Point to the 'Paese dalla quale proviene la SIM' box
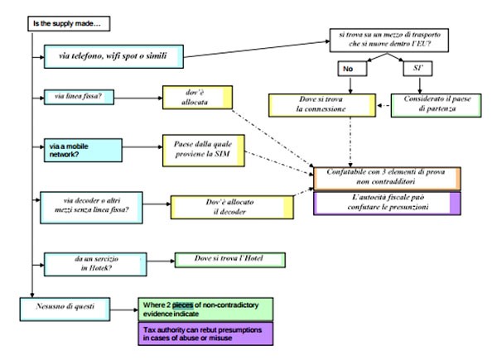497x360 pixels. click(204, 150)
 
